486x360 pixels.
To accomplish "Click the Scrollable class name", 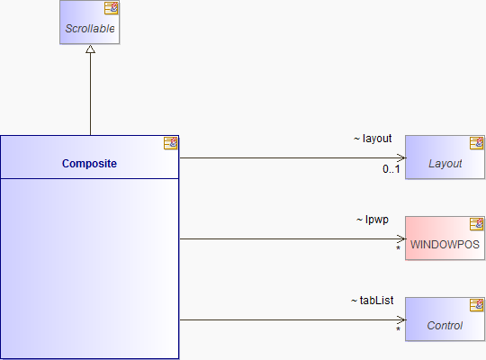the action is click(x=90, y=29).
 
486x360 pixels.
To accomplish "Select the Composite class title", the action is click(x=89, y=164).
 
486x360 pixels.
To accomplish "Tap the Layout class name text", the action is click(x=445, y=164).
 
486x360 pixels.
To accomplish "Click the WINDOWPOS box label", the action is click(x=445, y=244).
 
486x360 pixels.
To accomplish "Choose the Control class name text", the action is click(x=445, y=326).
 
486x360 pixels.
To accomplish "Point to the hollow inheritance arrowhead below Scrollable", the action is click(x=91, y=49).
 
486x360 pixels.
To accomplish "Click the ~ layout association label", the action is click(x=373, y=139).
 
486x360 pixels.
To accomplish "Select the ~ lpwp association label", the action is click(x=373, y=220).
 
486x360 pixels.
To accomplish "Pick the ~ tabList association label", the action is click(x=373, y=301).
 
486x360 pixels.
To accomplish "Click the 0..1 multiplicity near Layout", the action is click(x=391, y=169).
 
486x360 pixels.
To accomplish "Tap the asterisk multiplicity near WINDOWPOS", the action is click(x=399, y=248).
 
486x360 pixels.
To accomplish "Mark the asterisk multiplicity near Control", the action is click(x=399, y=329).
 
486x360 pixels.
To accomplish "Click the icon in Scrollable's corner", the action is click(x=111, y=8).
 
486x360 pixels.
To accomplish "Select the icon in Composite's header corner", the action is click(x=170, y=143).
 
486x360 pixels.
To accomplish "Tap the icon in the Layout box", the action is click(x=476, y=143).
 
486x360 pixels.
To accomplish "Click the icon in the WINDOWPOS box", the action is click(x=476, y=224).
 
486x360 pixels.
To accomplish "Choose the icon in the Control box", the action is click(x=476, y=305).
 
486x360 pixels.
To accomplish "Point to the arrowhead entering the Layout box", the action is click(x=402, y=157).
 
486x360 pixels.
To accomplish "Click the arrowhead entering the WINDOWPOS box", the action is click(x=402, y=239).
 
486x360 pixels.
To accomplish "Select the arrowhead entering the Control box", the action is click(x=402, y=320).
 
